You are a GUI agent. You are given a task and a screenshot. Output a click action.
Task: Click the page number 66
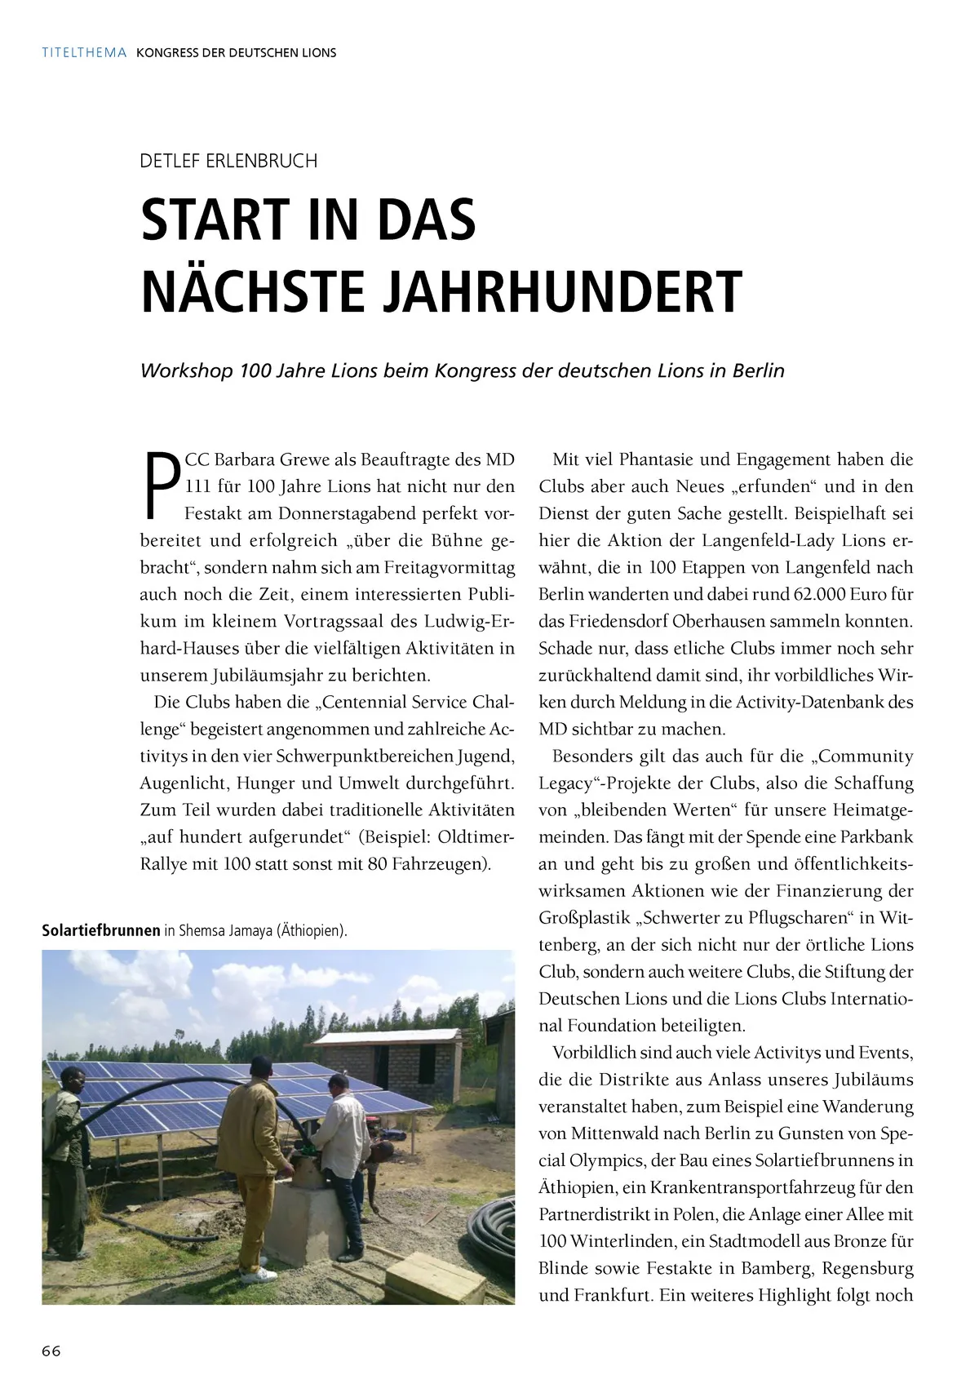click(51, 1351)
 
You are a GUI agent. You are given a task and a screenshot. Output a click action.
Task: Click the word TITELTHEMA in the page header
click(84, 52)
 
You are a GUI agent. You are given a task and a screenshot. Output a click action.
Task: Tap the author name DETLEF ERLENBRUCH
click(228, 161)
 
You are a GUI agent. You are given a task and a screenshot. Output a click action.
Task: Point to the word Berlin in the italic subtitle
click(758, 370)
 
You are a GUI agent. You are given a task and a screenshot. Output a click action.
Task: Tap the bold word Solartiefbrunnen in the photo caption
click(100, 930)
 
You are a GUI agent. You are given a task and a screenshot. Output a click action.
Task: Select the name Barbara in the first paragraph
click(245, 459)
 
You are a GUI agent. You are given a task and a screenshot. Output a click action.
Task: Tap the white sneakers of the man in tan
click(259, 1273)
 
